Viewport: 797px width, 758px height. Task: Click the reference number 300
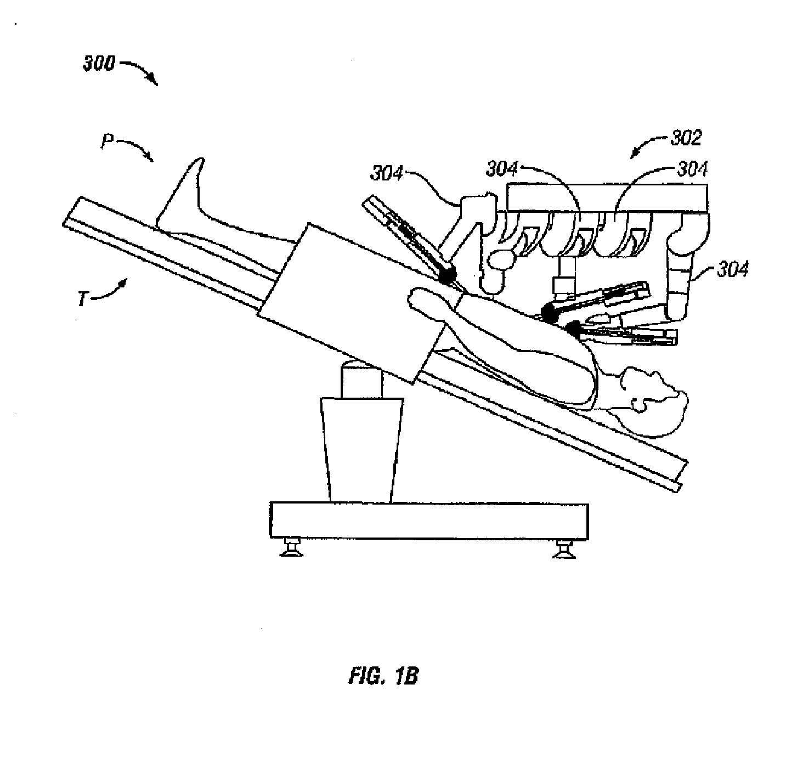(x=99, y=64)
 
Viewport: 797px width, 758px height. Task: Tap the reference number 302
(x=686, y=138)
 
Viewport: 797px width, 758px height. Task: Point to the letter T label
(x=82, y=299)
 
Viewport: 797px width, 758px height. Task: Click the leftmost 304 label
(x=386, y=173)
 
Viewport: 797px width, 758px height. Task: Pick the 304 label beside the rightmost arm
(x=733, y=269)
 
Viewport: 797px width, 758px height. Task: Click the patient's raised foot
(x=190, y=190)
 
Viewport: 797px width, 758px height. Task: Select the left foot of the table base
(x=291, y=547)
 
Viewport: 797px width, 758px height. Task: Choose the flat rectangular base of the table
(x=429, y=521)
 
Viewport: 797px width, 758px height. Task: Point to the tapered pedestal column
(x=361, y=450)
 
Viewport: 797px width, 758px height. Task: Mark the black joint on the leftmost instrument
(x=447, y=276)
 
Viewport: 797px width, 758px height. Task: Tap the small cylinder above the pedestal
(x=361, y=381)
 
